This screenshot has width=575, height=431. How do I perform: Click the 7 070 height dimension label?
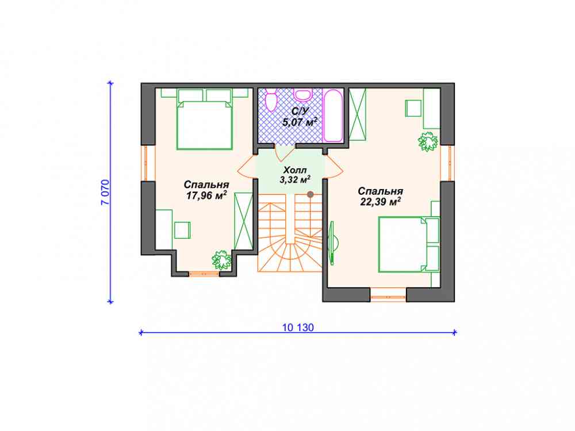pos(105,192)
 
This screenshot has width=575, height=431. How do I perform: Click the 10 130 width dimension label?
pos(298,328)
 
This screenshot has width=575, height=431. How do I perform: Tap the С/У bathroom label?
pos(300,111)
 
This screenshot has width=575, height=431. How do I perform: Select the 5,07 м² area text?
pos(300,122)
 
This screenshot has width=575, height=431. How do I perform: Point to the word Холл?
pos(295,170)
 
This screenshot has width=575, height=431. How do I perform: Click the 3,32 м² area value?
pos(295,179)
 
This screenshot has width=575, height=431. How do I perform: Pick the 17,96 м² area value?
pos(206,195)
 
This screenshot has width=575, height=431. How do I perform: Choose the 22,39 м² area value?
pos(380,202)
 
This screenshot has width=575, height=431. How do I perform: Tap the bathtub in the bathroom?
pos(333,115)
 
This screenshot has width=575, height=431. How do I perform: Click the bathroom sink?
pos(302,94)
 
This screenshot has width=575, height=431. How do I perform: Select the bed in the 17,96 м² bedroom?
pos(205,125)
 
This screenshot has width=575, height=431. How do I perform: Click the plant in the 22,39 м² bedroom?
pos(428,141)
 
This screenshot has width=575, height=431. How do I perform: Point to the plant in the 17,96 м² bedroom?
pos(221,260)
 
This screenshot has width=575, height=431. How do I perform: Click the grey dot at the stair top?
pos(310,194)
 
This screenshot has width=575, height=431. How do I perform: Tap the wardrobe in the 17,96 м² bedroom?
pos(243,221)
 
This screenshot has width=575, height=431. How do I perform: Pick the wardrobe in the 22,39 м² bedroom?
pos(358,114)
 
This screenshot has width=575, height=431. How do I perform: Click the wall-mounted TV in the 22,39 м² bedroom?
pos(333,243)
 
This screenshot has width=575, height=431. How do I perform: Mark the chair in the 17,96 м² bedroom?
pos(182,230)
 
